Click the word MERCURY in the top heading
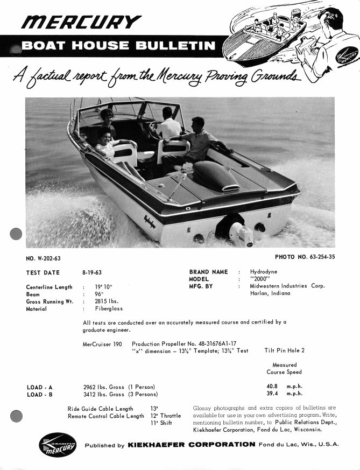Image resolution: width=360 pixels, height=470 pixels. (x=81, y=22)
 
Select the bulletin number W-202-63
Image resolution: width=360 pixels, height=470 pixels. (x=49, y=257)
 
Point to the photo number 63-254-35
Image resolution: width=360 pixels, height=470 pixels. (x=320, y=257)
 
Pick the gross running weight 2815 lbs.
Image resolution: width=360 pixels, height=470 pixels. (x=107, y=301)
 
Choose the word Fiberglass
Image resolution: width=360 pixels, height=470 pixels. (x=109, y=309)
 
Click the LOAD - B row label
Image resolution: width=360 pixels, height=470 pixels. (x=40, y=394)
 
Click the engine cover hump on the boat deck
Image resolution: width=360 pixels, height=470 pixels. (x=215, y=174)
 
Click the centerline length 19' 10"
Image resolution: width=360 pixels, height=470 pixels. (x=103, y=287)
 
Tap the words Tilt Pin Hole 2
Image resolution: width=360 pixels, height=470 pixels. (x=284, y=350)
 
